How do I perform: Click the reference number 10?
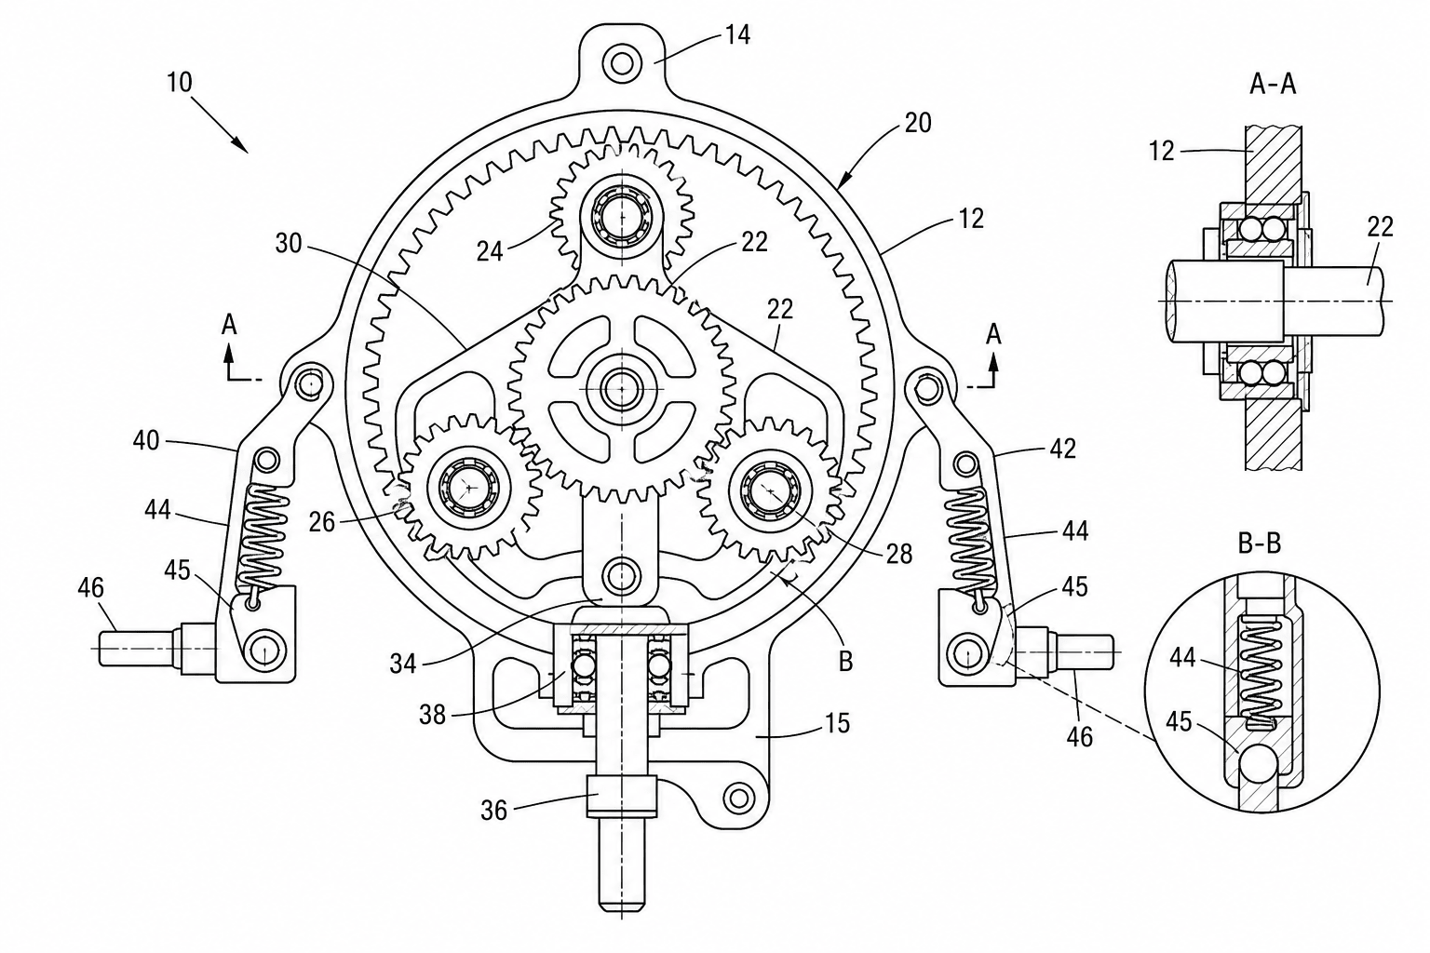point(180,83)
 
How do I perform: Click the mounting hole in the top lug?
point(621,63)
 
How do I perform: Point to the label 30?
point(289,243)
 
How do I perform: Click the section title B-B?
point(1259,544)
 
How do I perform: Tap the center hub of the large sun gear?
point(621,388)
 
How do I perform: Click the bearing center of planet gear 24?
point(621,216)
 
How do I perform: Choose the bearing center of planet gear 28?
point(771,490)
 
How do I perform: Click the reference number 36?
point(493,812)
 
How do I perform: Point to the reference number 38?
point(432,714)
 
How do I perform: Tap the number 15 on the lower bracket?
point(837,723)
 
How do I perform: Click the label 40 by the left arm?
point(146,441)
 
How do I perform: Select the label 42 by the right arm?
point(1063,449)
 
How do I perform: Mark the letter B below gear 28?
point(845,662)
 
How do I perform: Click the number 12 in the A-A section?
point(1161,151)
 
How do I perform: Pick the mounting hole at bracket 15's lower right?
point(739,798)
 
